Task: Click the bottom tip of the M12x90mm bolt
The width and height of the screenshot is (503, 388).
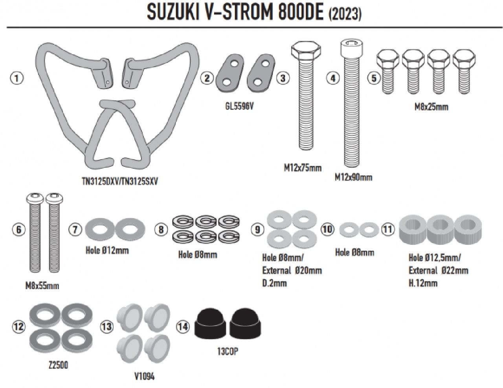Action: pyautogui.click(x=351, y=166)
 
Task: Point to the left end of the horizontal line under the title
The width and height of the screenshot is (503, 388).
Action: pyautogui.click(x=7, y=27)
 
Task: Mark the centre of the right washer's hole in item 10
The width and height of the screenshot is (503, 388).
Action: pyautogui.click(x=368, y=230)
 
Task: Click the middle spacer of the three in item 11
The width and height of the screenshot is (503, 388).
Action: pyautogui.click(x=440, y=229)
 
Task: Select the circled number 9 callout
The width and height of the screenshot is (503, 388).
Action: pyautogui.click(x=257, y=229)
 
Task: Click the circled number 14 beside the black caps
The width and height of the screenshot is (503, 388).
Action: pyautogui.click(x=183, y=326)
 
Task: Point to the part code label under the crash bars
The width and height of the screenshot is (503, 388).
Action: pyautogui.click(x=120, y=181)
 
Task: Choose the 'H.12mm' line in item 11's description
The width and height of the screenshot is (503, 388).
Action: pyautogui.click(x=423, y=283)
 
